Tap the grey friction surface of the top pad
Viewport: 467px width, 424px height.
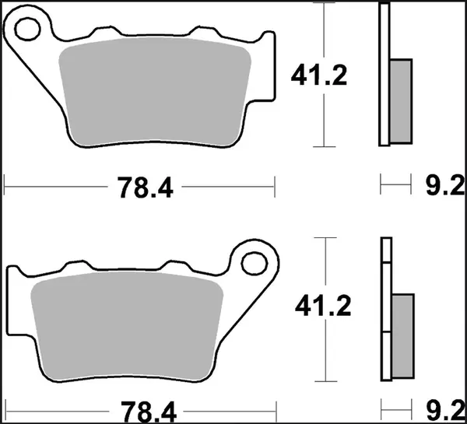[156, 89]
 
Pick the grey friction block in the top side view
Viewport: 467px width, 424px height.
[399, 100]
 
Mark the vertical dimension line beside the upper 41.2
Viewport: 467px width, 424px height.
[325, 117]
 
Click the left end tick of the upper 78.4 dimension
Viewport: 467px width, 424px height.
[5, 187]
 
